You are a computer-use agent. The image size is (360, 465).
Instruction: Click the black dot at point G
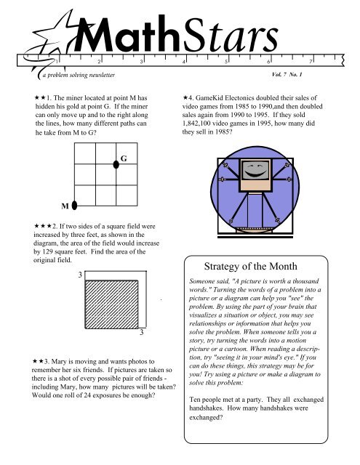click(116, 164)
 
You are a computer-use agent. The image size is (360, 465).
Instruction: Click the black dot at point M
click(74, 205)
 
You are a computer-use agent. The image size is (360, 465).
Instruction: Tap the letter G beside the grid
click(124, 158)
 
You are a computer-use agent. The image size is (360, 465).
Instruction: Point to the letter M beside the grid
click(65, 206)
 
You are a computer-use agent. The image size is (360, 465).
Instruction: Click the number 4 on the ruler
click(184, 62)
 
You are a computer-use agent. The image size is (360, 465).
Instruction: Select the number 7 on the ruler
click(311, 61)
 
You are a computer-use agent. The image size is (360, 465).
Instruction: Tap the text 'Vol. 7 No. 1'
click(287, 74)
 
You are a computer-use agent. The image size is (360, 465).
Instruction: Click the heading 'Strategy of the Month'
click(250, 266)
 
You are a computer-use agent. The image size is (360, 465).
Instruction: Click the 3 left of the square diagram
click(80, 275)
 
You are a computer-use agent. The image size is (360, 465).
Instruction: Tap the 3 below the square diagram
click(142, 332)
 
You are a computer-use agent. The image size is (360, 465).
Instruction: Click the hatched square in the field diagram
click(111, 304)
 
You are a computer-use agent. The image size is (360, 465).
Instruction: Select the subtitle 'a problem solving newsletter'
click(79, 75)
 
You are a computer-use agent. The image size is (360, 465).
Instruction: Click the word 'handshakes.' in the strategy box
click(207, 408)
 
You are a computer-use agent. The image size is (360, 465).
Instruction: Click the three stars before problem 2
click(43, 226)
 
